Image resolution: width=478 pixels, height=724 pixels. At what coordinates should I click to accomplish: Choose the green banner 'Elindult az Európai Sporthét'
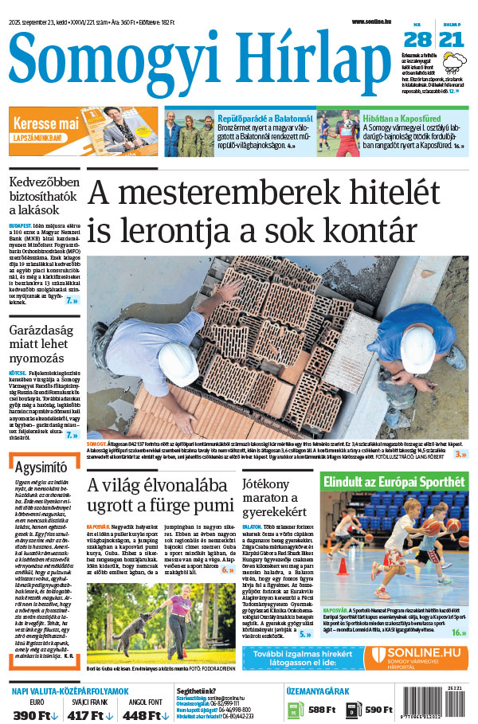[x=393, y=482]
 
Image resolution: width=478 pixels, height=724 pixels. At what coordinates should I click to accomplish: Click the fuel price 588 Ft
[x=321, y=710]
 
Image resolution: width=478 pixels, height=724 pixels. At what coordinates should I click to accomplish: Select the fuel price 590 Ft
[x=377, y=710]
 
